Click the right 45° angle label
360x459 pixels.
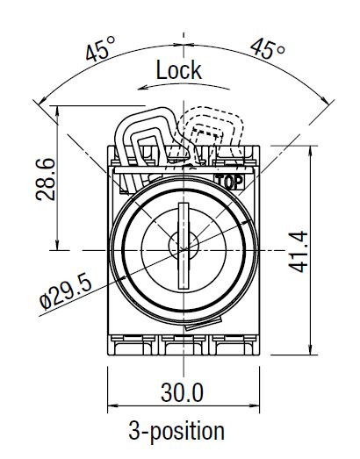pos(267,48)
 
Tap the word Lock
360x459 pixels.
pos(178,69)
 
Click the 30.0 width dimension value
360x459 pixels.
pos(184,391)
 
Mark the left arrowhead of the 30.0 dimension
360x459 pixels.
pos(111,407)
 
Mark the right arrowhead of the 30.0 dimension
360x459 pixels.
pos(259,407)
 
